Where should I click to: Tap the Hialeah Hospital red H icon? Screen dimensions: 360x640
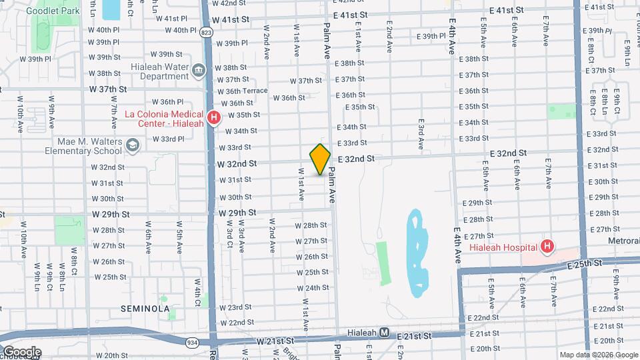point(547,247)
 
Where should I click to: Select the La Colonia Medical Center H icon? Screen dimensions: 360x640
point(214,119)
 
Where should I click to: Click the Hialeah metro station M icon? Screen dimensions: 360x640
point(384,332)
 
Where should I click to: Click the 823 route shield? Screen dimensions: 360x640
point(206,32)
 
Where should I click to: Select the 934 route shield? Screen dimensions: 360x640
point(192,342)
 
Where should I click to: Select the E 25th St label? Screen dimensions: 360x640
point(585,265)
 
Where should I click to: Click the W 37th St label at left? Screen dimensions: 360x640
point(108,89)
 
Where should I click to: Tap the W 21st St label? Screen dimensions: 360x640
point(275,341)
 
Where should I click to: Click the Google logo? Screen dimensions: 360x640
point(21,352)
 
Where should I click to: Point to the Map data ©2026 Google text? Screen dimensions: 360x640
point(598,355)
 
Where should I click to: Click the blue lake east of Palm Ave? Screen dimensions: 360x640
point(417,253)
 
